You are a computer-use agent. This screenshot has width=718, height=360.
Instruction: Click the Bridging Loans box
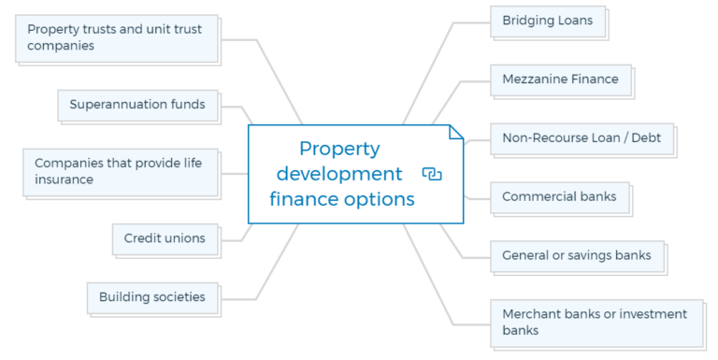[548, 21]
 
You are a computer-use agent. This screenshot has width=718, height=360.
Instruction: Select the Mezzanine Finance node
[560, 79]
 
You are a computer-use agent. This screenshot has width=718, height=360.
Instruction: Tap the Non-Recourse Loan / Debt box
[582, 138]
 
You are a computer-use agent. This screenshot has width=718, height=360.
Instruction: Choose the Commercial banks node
[559, 197]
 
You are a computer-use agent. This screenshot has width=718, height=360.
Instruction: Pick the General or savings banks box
[577, 255]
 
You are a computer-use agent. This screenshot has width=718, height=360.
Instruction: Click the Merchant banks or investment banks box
[596, 322]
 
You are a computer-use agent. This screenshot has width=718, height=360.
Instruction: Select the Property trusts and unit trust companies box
[116, 37]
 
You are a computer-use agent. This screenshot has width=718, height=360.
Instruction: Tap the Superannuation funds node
[137, 105]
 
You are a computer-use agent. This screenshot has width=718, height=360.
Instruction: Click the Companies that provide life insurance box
[121, 171]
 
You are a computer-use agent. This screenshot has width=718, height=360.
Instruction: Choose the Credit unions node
[165, 238]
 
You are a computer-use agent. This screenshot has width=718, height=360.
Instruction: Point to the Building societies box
[152, 297]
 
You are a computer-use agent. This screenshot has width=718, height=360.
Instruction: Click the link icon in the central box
[432, 174]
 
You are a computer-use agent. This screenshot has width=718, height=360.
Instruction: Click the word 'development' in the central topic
[339, 174]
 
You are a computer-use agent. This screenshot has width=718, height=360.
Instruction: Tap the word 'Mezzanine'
[536, 79]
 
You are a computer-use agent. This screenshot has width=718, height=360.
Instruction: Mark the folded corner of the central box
[456, 132]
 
